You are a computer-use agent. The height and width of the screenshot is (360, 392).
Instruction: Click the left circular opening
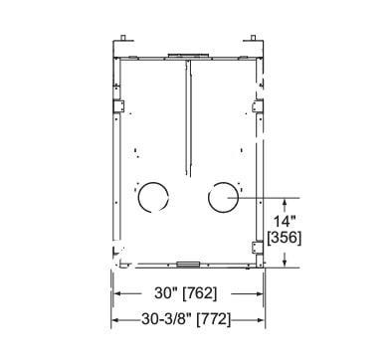coord(138,198)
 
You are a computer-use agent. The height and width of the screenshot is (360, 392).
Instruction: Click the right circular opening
coord(209,198)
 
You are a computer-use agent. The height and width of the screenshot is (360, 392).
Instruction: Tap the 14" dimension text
coord(285,222)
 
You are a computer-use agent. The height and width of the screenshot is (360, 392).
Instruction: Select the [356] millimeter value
coord(285,238)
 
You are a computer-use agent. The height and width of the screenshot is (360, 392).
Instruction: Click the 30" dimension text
coord(166,293)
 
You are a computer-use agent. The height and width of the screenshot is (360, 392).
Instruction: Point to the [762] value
coord(201,293)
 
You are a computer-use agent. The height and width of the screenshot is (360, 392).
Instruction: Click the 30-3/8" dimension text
coord(166,319)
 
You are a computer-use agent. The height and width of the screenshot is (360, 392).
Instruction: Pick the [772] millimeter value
coord(214,320)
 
